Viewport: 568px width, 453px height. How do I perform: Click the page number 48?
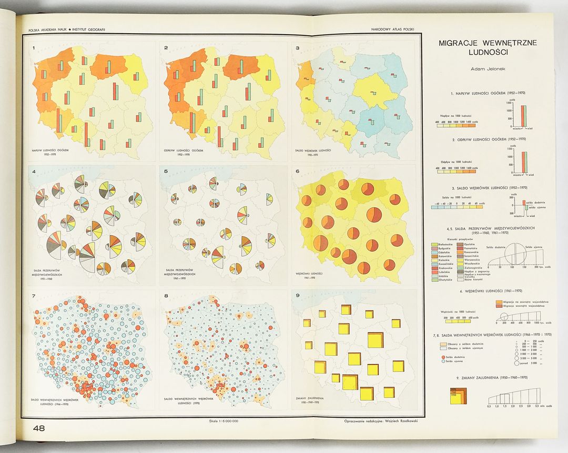tap(38, 428)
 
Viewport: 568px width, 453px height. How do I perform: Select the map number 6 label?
tap(298, 171)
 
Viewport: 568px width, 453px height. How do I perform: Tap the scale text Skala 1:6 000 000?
tap(224, 420)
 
